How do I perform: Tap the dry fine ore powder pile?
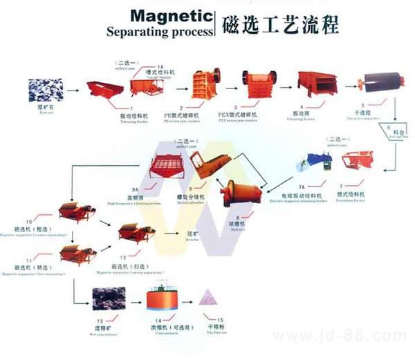[207, 298]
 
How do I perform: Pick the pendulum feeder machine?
[358, 162]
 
